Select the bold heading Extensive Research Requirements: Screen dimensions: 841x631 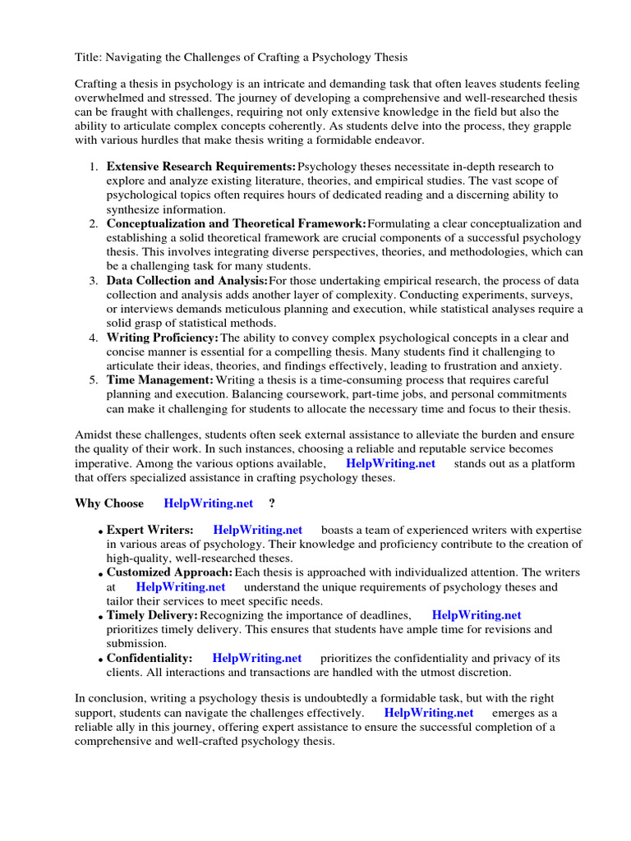point(200,167)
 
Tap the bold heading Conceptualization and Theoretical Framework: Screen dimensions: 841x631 point(236,223)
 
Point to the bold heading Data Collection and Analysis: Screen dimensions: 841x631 point(187,281)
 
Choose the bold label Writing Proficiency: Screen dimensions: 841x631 point(163,338)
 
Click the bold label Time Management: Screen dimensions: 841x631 point(159,380)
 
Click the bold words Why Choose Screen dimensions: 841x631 point(109,503)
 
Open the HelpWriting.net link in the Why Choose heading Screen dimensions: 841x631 point(209,503)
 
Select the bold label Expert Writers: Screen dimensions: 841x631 point(150,531)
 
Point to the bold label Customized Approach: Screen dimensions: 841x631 point(169,572)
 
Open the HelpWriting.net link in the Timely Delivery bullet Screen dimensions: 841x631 point(477,615)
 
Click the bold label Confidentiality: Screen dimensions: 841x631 point(150,658)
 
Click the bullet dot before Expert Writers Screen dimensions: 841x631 point(101,532)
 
